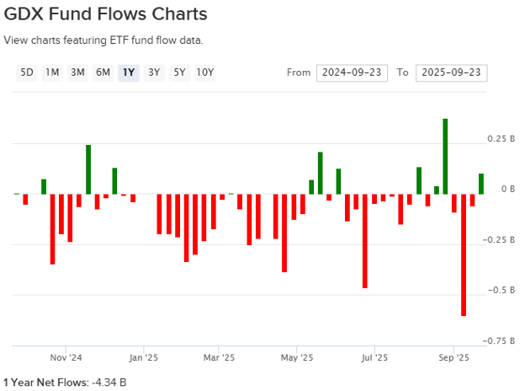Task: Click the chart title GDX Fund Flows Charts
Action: click(106, 15)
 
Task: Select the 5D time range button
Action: click(27, 72)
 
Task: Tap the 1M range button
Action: click(52, 72)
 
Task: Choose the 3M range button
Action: click(77, 72)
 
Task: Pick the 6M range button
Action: click(103, 72)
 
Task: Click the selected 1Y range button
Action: click(128, 72)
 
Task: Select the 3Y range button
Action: click(153, 72)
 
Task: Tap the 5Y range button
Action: click(179, 72)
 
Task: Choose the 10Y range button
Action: click(205, 72)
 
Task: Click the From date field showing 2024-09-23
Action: click(353, 72)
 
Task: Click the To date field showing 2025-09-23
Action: click(451, 72)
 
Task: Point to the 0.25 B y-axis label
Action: click(501, 138)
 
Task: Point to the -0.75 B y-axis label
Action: click(500, 340)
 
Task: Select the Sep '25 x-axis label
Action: click(454, 356)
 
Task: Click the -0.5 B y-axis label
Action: click(501, 290)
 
